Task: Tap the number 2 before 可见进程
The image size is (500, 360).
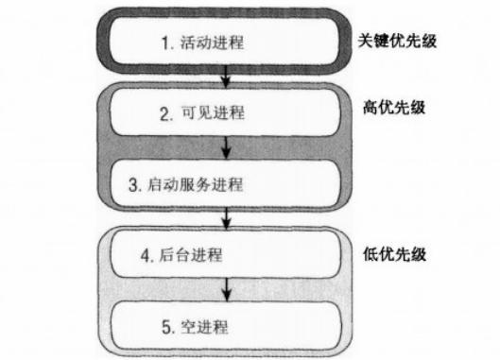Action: coord(166,113)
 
